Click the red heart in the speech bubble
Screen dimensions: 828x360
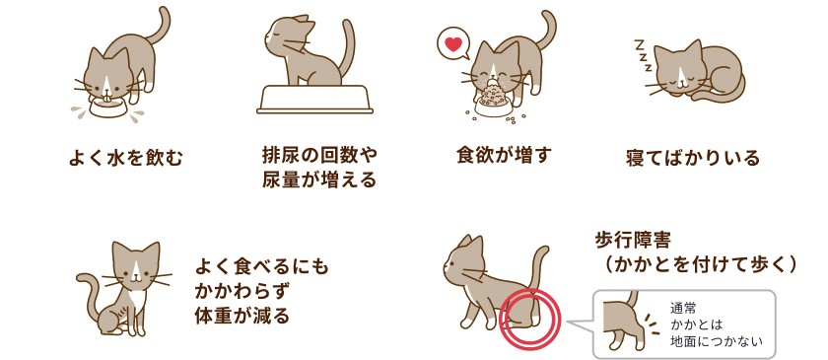(453, 43)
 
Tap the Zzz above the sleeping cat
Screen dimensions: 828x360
(642, 54)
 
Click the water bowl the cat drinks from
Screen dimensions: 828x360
(108, 106)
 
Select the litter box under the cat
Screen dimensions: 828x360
(314, 99)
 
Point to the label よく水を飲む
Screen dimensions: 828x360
(125, 158)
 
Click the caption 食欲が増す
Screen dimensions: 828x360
(504, 155)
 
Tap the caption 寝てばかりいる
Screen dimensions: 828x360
(692, 158)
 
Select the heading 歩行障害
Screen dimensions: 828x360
(633, 241)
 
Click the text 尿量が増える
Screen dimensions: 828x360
(319, 180)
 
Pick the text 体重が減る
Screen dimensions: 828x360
(242, 316)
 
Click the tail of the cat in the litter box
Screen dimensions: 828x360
(347, 47)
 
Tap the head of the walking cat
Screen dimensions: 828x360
(463, 262)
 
